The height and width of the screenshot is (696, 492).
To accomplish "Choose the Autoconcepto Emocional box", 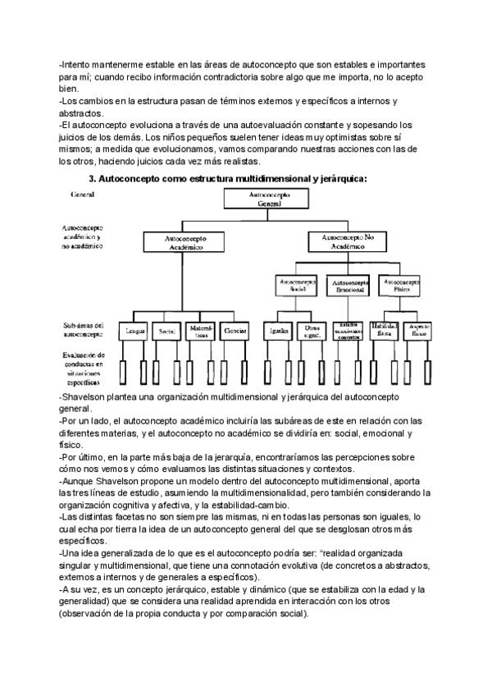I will (x=348, y=285).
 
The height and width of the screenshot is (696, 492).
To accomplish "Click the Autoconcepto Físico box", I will (x=399, y=285).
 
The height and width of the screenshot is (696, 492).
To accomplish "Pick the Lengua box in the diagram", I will (x=133, y=332).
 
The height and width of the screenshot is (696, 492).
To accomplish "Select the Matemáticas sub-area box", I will (x=201, y=332).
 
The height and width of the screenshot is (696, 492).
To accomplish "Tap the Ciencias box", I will (x=233, y=332).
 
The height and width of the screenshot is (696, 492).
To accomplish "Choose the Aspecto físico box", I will (x=415, y=330).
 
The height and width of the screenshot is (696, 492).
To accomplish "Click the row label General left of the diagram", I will (x=83, y=195).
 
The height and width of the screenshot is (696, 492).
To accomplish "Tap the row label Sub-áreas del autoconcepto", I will (x=81, y=330).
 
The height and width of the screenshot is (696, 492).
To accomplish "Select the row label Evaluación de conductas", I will (x=81, y=369).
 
